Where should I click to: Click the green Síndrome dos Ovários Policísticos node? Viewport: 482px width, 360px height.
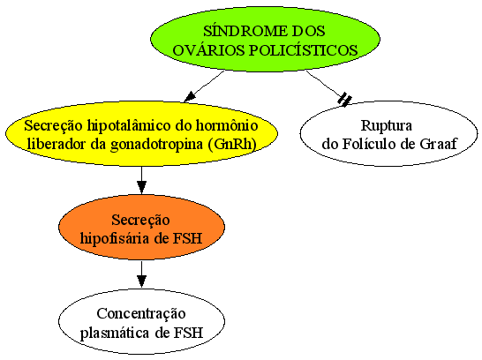265,40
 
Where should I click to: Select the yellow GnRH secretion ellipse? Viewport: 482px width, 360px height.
142,133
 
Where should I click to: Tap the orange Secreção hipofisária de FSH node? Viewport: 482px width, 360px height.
141,228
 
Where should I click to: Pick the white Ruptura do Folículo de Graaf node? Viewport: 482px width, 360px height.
388,133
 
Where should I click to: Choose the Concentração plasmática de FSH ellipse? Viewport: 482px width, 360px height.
141,321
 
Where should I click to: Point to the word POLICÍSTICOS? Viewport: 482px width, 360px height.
303,50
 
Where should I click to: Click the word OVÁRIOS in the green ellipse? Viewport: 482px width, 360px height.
208,50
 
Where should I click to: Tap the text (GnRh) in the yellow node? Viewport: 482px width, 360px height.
232,145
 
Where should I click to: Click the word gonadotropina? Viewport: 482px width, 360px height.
157,145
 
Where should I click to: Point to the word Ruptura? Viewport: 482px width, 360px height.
387,125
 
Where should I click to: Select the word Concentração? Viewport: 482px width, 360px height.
141,314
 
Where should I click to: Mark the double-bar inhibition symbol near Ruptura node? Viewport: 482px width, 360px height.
345,99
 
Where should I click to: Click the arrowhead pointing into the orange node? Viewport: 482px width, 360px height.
141,187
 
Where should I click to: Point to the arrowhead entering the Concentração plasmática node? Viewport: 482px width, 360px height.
141,281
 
